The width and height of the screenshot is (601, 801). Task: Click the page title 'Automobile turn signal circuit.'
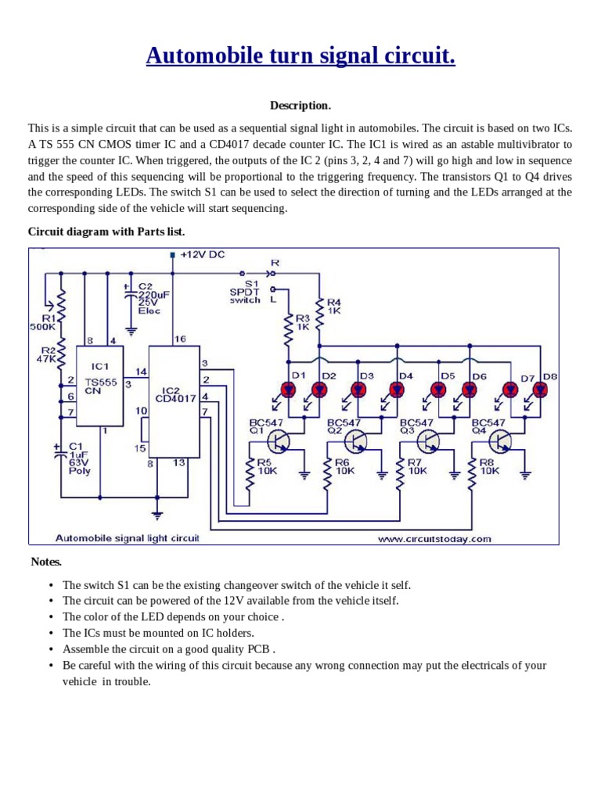[300, 56]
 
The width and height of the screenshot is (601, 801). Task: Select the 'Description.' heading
[300, 106]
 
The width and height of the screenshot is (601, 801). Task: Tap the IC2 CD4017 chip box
[174, 400]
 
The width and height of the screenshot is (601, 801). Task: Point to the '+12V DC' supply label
[202, 255]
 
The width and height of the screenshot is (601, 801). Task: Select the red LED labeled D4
[398, 389]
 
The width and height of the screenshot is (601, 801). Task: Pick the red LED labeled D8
[540, 389]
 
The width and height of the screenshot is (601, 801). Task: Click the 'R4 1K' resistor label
[334, 306]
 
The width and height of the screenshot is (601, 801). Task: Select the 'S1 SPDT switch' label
[245, 292]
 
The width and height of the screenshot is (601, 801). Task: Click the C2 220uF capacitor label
[149, 299]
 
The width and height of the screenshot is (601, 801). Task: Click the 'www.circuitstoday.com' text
[434, 538]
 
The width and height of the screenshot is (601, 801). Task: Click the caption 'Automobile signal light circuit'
[128, 538]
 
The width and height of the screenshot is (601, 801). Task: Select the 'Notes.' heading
[46, 562]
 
